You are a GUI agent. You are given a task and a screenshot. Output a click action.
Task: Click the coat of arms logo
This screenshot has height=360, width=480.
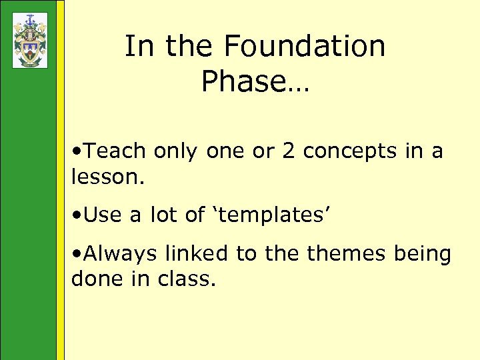point(30,40)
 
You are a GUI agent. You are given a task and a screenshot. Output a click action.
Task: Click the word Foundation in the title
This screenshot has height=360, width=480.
point(305,47)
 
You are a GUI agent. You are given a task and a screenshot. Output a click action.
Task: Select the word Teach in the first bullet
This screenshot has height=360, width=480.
point(115,151)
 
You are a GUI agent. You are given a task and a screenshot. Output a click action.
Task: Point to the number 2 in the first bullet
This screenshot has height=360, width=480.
point(289,151)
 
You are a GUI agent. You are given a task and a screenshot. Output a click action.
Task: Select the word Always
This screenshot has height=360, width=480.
point(122,254)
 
